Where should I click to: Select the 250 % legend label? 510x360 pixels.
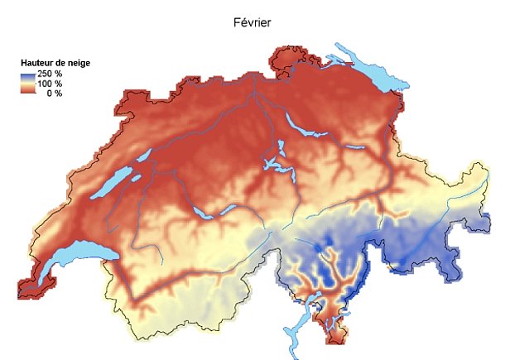coord(50,74)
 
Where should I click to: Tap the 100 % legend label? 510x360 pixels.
coord(50,84)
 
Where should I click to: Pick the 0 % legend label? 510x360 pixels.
coord(54,93)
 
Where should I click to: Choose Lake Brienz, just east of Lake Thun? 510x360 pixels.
coord(227,207)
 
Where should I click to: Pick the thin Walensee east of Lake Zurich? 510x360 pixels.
coord(354,147)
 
